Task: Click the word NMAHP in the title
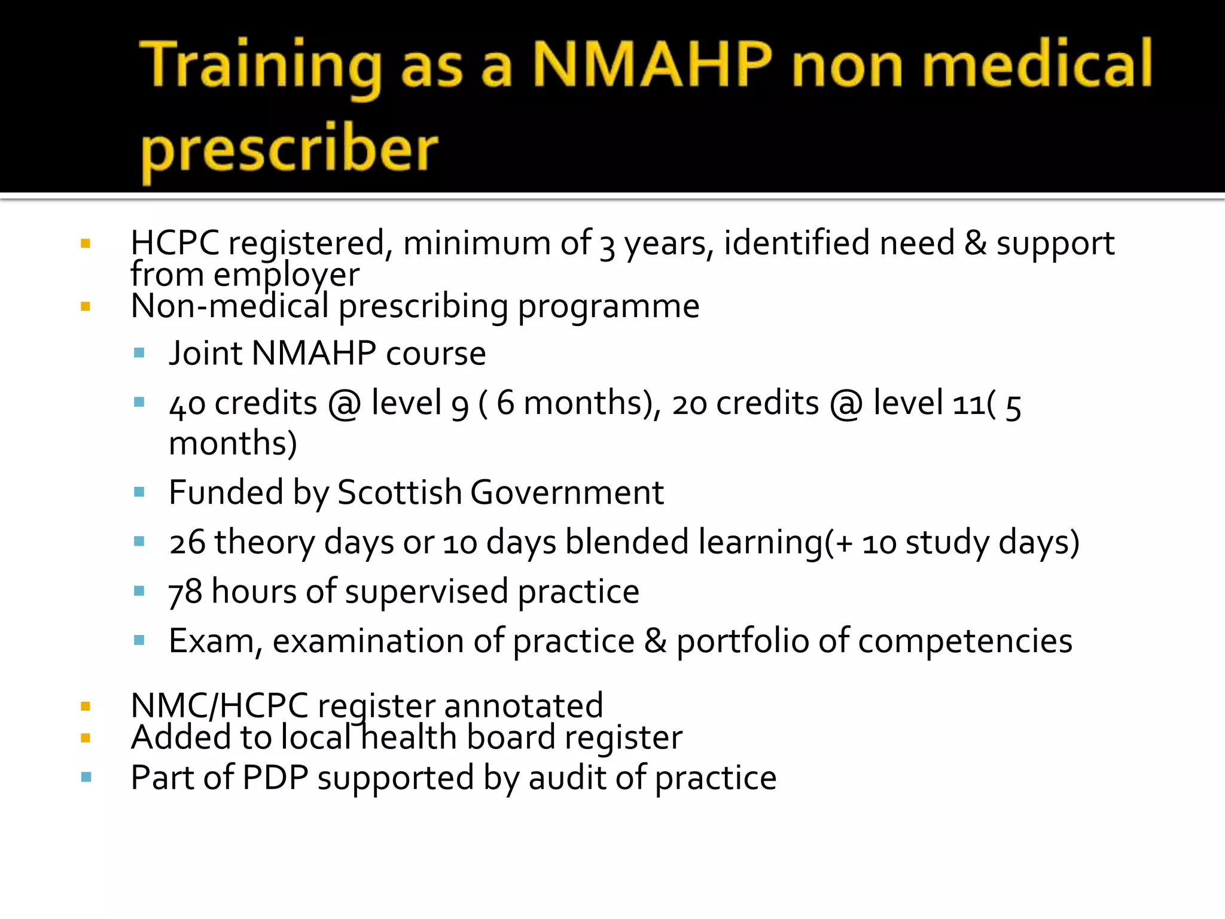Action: tap(652, 65)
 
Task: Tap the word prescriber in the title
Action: tap(290, 150)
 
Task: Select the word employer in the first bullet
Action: tap(287, 275)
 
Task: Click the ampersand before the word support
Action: tap(975, 244)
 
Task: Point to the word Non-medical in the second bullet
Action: tap(230, 306)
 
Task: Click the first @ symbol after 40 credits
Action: tap(344, 404)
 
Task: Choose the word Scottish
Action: tap(399, 492)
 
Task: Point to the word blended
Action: tap(627, 542)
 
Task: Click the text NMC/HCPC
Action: tap(219, 705)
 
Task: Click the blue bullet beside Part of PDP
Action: tap(86, 777)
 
